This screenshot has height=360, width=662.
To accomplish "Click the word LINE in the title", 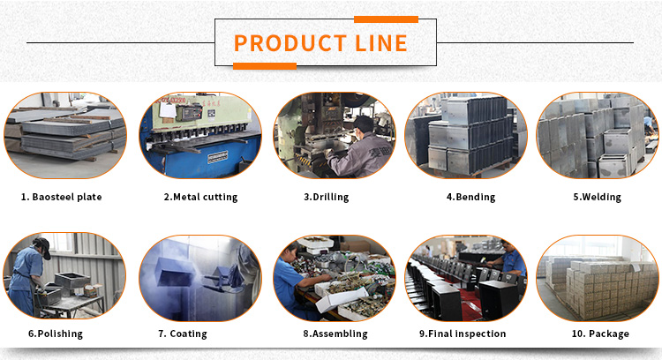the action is pos(380,43).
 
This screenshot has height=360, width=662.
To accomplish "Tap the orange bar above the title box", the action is pos(386,19).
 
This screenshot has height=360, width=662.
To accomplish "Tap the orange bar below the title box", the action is pos(265,66).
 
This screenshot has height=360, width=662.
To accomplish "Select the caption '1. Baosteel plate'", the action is pos(61,197).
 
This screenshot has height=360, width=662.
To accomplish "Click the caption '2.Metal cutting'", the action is pos(200,197).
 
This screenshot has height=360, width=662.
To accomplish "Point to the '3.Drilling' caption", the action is pos(327,197).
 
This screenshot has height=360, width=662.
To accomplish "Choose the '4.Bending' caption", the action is pos(470,197).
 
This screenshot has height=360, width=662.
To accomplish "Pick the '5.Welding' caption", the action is pos(597,197).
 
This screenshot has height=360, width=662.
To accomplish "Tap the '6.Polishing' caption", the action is pos(56,334).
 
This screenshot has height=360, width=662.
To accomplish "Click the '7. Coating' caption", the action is pos(183,334).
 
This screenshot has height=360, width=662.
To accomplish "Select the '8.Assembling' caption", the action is pos(335,334).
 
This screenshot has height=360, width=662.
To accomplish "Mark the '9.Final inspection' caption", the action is pos(463,334).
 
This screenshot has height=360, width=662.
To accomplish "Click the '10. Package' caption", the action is pos(600,334).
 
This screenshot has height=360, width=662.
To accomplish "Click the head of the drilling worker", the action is pos(364,125).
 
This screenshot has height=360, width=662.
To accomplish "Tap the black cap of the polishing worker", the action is pos(42,246).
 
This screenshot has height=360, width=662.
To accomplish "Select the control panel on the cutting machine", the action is pos(190,114).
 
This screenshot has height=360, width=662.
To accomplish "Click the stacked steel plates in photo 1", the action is pos(71,131).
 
